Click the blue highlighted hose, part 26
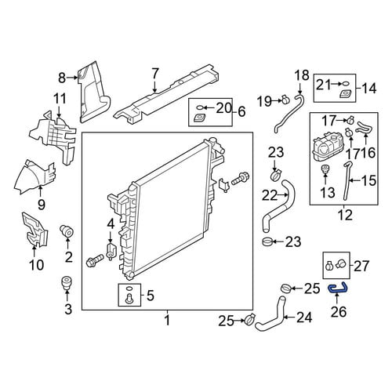[337, 289]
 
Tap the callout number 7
[155, 74]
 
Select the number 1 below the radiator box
[168, 321]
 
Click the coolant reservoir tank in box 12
[327, 147]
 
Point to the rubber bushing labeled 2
[67, 231]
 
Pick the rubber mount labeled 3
[67, 282]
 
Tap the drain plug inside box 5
[129, 299]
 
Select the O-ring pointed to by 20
[199, 107]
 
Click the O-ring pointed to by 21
[345, 84]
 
